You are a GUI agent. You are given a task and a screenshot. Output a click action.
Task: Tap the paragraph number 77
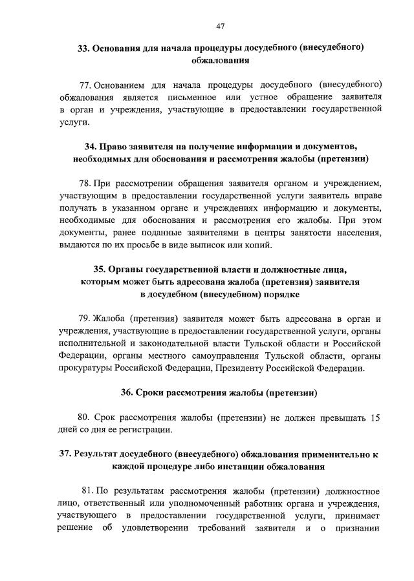(x=85, y=85)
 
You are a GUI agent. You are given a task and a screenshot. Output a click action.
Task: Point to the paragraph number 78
(x=85, y=183)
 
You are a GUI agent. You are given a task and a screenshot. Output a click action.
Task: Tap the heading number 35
(x=100, y=269)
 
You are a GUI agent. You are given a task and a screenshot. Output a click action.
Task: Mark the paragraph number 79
(x=85, y=319)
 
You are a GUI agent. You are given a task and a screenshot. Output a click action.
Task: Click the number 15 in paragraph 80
(x=375, y=417)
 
